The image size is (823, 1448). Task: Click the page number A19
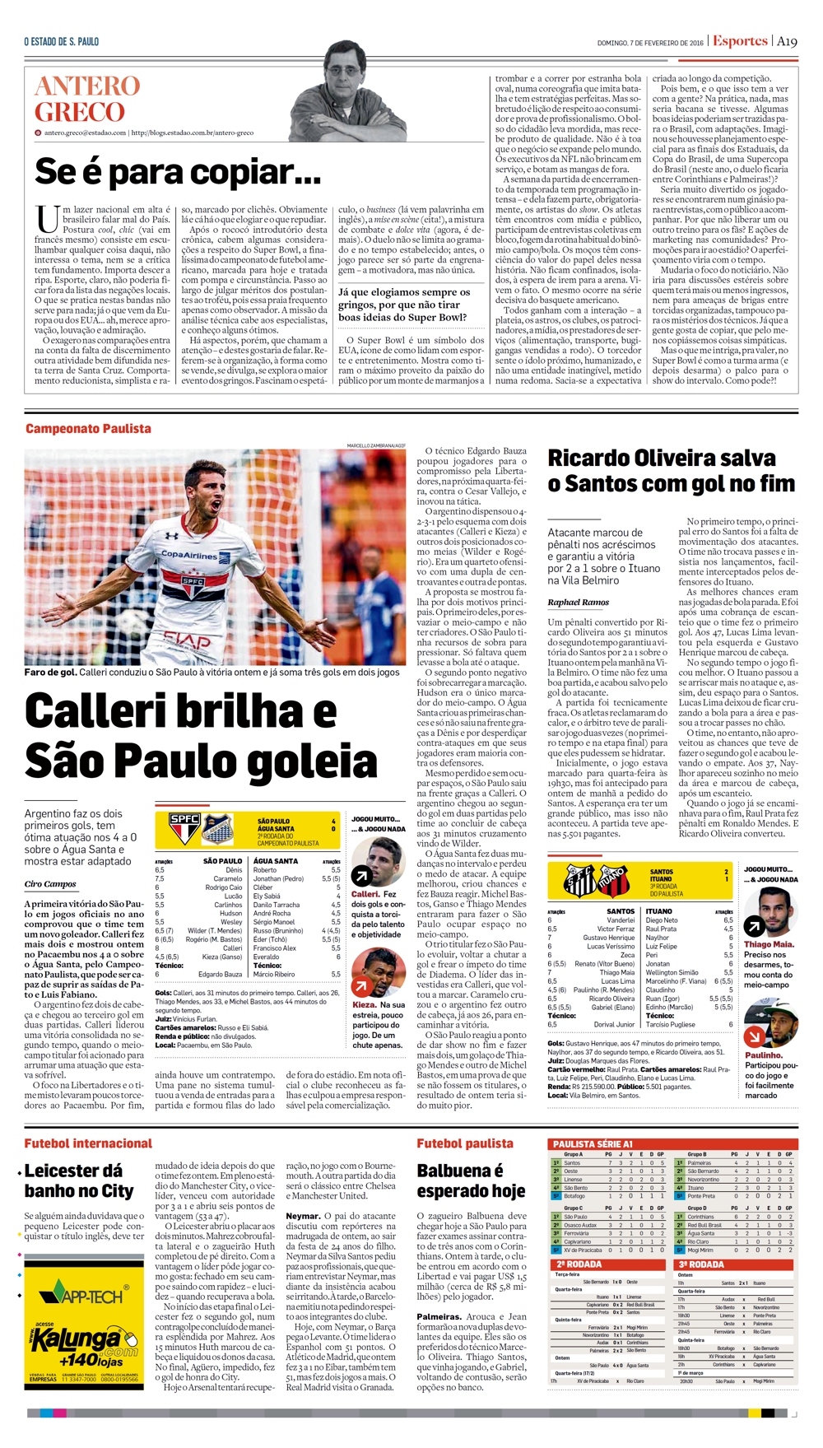(787, 41)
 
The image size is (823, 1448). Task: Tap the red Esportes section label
(740, 41)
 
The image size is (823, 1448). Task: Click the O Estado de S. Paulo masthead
(62, 41)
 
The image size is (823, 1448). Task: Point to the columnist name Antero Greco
(87, 99)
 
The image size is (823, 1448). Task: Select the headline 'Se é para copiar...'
(178, 172)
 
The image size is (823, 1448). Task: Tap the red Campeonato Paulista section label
(88, 428)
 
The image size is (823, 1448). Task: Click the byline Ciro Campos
(50, 884)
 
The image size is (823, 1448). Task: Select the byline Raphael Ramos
(578, 603)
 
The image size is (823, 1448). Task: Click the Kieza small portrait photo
(373, 971)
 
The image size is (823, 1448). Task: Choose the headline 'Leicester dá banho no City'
(79, 1180)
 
